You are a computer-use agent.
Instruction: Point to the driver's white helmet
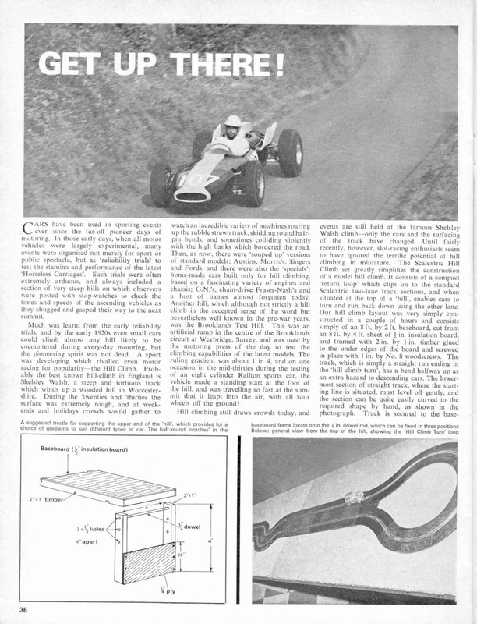pyautogui.click(x=232, y=123)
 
